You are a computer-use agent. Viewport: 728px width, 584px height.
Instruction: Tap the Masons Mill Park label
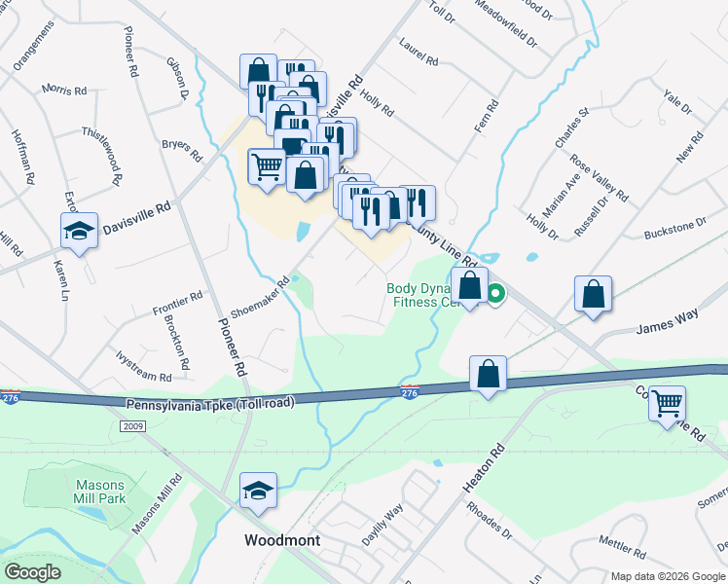point(100,492)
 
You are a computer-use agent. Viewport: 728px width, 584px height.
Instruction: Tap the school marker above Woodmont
point(258,490)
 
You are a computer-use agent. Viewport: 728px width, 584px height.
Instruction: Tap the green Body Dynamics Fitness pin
point(495,291)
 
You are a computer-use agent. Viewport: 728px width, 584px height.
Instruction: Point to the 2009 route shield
point(133,426)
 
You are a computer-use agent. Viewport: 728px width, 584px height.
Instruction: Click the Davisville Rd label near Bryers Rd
point(137,214)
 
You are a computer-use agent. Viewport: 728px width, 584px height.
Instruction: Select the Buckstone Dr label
point(675,229)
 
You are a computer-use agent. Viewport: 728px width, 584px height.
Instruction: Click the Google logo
point(33,571)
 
